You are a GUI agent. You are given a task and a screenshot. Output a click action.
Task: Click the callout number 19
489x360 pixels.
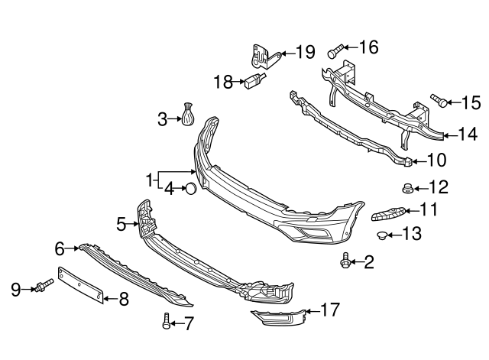(x=304, y=52)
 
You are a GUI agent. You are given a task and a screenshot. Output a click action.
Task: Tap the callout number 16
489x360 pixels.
(x=368, y=47)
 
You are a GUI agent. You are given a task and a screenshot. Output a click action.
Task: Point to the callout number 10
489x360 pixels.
(x=436, y=160)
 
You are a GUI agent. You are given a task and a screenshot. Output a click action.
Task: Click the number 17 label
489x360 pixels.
(x=329, y=310)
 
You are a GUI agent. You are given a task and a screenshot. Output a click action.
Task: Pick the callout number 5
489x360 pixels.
(x=121, y=224)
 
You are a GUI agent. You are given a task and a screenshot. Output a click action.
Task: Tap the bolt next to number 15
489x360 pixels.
(x=438, y=100)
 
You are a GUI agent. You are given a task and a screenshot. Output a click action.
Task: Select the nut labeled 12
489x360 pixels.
(x=408, y=187)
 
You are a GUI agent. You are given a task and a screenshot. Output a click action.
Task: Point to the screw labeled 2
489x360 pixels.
(x=345, y=262)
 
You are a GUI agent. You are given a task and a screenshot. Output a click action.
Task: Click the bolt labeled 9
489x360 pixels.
(x=41, y=287)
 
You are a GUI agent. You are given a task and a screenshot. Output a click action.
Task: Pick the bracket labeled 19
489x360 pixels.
(x=260, y=56)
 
